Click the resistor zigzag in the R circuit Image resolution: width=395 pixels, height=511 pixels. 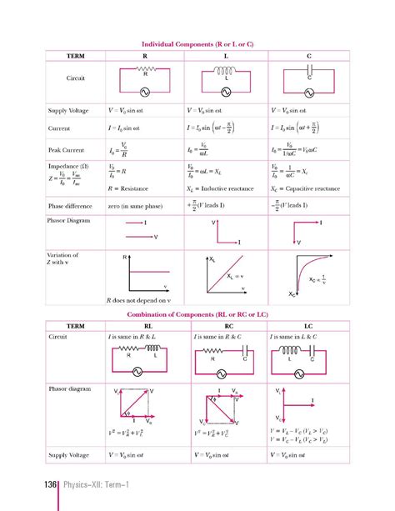[145, 69]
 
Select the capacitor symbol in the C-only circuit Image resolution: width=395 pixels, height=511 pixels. [310, 72]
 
